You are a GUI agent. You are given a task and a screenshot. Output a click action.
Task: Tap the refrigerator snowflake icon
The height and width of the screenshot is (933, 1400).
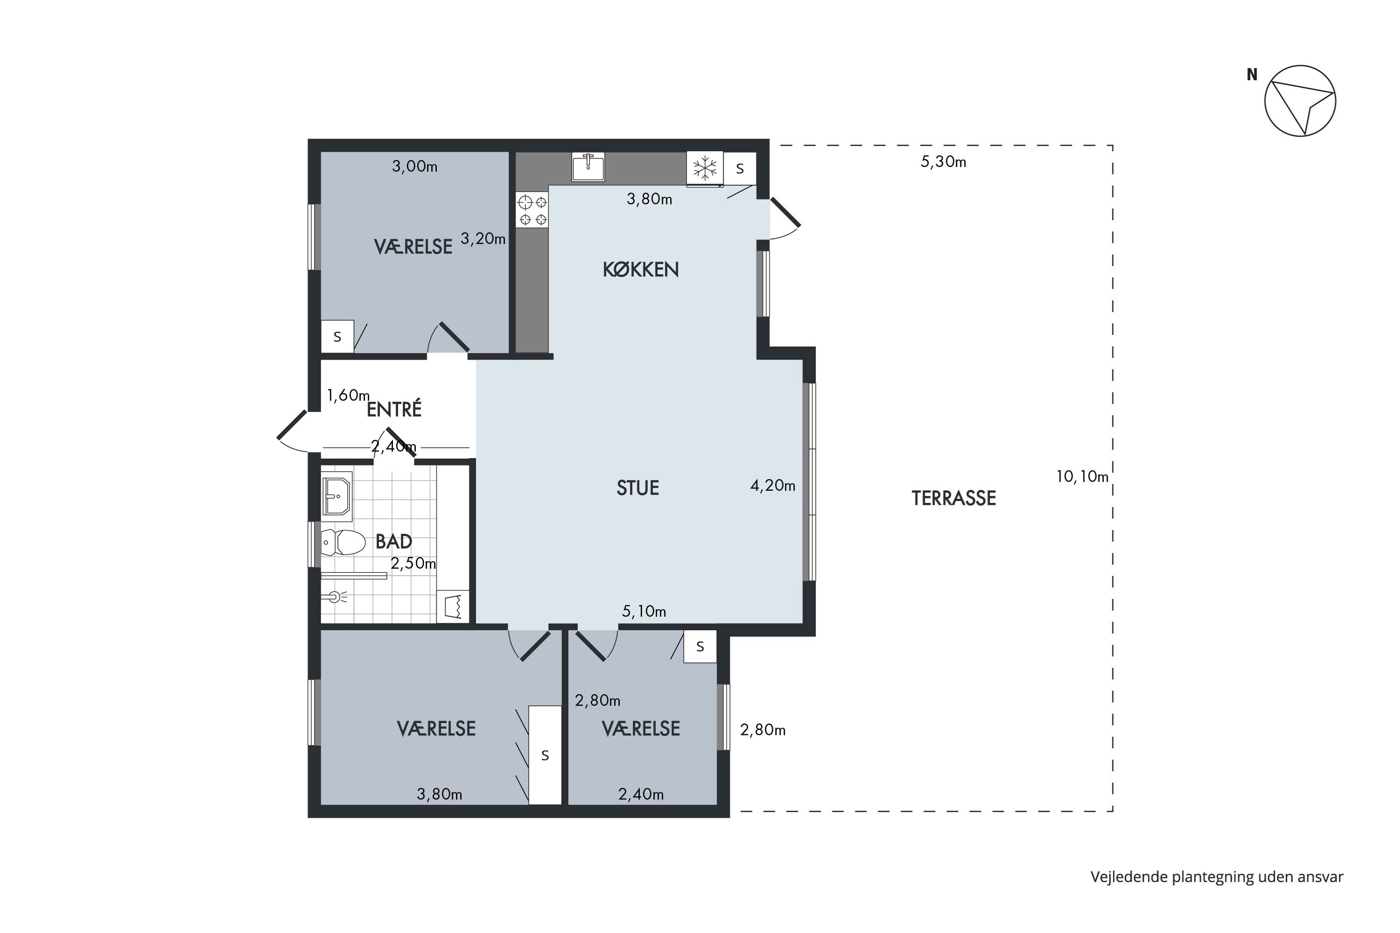tap(705, 168)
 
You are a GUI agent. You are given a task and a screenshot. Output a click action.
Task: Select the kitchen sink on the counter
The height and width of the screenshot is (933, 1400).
tap(588, 167)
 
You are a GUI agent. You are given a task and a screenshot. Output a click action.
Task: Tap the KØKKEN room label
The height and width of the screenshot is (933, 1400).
tap(640, 270)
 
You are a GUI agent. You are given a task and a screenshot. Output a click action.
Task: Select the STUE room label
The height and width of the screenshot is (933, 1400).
tap(637, 488)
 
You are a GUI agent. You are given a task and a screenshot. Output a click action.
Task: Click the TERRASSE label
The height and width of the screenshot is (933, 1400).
tap(953, 498)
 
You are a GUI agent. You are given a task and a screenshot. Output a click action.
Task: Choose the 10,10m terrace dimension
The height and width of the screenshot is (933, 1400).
tap(1082, 477)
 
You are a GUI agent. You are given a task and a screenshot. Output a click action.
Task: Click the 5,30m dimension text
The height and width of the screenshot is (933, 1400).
tap(944, 162)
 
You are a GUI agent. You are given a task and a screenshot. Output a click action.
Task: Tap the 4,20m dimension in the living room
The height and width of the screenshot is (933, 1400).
tap(773, 486)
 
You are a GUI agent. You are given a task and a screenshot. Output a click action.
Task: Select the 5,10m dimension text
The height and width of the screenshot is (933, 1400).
tap(644, 611)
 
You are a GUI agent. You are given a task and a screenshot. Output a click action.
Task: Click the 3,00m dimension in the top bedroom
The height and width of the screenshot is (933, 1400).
tap(414, 167)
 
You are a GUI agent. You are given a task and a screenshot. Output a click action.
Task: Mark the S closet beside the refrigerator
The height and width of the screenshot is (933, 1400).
tap(740, 168)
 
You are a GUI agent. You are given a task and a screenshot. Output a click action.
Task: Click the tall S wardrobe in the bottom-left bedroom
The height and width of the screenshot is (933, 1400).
tap(545, 755)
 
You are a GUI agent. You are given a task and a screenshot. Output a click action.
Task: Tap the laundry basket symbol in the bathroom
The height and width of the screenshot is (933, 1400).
tap(454, 606)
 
